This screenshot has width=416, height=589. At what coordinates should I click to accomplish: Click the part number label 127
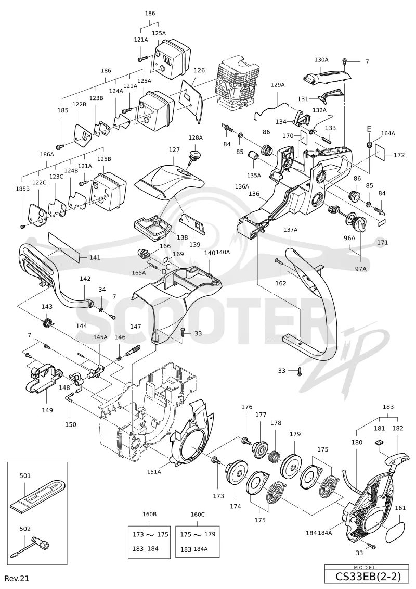coord(174,149)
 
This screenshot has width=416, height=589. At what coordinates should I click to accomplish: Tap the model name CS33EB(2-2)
coord(367,576)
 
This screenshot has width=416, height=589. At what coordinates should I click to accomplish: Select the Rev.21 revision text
coord(17,578)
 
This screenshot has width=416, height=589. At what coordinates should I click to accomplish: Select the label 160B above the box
coord(150,514)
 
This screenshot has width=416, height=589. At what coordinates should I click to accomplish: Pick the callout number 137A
coord(290,230)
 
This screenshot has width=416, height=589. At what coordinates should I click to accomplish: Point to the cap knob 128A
coord(195,156)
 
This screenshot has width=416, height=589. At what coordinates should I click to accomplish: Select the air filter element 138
coord(152,225)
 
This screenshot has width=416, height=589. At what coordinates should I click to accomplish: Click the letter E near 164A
coord(369,129)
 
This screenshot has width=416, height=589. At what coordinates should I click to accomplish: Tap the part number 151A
coord(154,472)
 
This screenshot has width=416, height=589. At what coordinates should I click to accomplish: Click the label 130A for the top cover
coord(321,59)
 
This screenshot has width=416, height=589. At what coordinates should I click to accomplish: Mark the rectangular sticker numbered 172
coord(381,152)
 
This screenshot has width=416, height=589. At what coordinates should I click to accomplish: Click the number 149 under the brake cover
coord(47,410)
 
